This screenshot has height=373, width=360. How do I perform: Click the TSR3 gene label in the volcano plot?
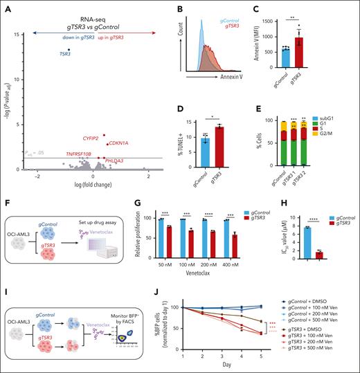64,53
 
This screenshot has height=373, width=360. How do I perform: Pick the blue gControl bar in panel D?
205,150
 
